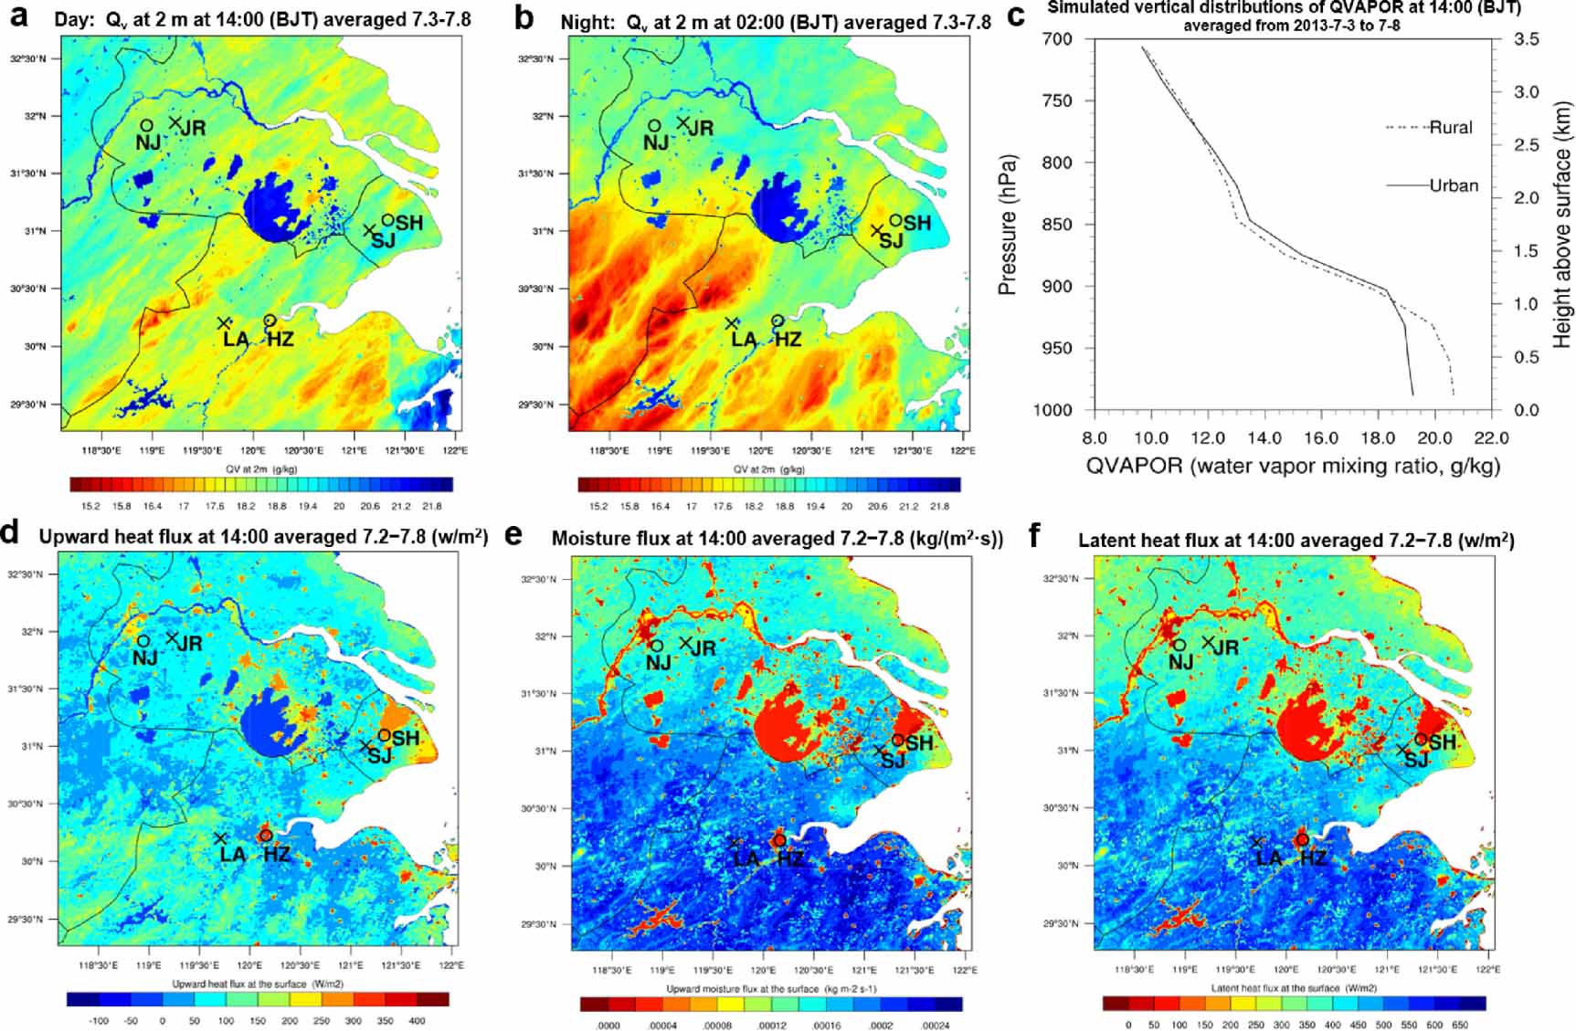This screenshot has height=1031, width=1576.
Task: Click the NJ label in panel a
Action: tap(148, 142)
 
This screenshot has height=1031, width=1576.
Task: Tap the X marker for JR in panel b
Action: tap(682, 122)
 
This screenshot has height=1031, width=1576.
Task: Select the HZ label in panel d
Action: tap(276, 855)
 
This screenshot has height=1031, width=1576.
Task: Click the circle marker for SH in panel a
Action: tap(388, 219)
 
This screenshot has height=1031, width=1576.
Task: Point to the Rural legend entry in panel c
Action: tap(1450, 128)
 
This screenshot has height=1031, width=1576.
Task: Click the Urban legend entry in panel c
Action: tap(1453, 185)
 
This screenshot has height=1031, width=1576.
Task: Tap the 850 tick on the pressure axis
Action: tap(1056, 225)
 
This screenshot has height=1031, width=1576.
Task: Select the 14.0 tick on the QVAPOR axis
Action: tap(1264, 438)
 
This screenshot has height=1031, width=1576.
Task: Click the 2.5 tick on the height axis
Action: tap(1526, 144)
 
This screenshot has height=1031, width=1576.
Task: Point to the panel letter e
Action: tap(514, 535)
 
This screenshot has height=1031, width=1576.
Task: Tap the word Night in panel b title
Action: tap(583, 22)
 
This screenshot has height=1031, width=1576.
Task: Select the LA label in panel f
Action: tap(1269, 858)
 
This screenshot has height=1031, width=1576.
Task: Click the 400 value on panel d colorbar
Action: tap(417, 1021)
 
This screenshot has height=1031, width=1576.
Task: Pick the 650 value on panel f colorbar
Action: tap(1460, 1025)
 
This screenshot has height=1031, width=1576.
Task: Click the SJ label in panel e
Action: tap(893, 762)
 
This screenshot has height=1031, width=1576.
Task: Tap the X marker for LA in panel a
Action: tap(224, 323)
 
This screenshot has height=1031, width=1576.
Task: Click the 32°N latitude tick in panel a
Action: tap(35, 116)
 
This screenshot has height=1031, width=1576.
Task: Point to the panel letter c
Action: tap(1016, 16)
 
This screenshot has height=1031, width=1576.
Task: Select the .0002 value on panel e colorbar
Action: tap(881, 1026)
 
